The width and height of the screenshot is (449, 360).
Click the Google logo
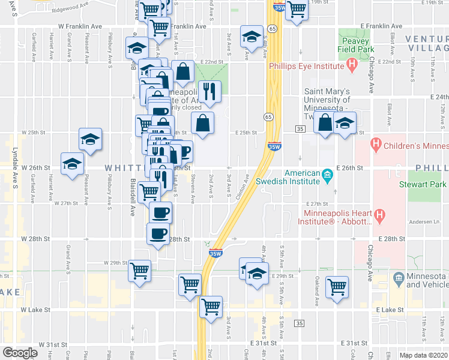click(20, 353)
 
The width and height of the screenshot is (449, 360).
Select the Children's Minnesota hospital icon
click(376, 144)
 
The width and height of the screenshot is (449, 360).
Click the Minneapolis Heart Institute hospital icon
click(380, 215)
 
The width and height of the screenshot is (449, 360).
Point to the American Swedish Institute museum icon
click(328, 176)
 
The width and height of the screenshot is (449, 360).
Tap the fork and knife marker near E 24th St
click(209, 91)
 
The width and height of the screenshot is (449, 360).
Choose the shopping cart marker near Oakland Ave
click(337, 286)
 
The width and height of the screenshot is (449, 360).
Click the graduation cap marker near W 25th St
click(89, 139)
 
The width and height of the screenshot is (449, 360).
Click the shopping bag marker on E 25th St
click(203, 123)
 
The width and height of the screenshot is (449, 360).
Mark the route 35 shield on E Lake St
click(300, 323)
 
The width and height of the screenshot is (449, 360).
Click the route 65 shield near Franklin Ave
click(273, 28)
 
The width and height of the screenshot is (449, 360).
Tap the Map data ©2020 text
click(423, 355)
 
